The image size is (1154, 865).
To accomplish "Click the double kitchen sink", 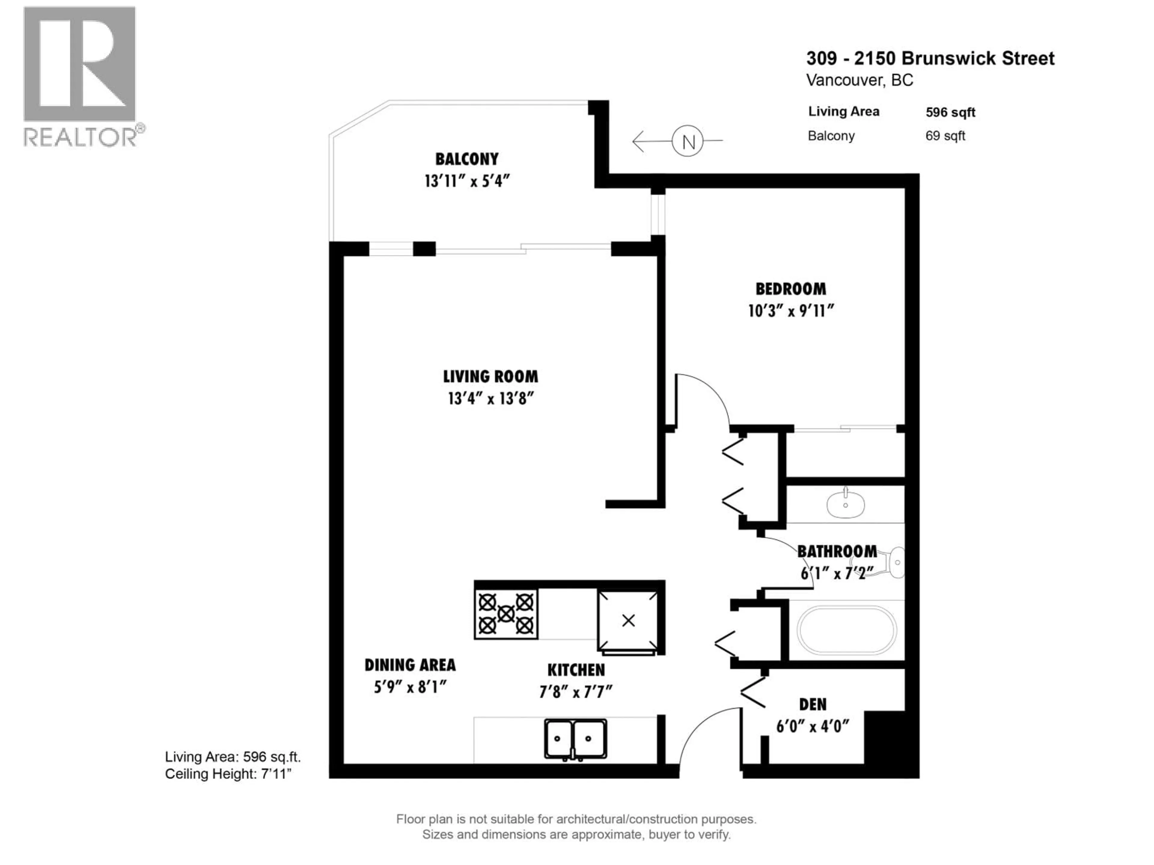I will [575, 739].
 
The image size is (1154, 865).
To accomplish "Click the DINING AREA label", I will [410, 665].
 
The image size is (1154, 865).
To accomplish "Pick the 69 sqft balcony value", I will [945, 136].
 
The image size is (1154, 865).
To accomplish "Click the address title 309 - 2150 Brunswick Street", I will [930, 58].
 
